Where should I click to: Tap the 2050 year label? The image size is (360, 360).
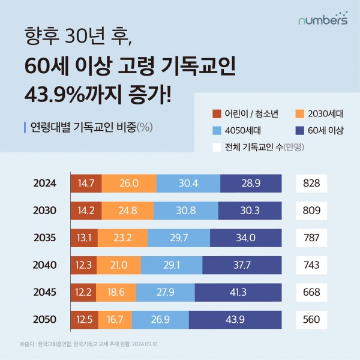click(45, 319)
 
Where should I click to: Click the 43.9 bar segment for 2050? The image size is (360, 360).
click(235, 319)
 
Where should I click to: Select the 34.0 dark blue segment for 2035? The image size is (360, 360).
click(246, 238)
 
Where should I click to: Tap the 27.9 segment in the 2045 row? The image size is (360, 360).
click(166, 292)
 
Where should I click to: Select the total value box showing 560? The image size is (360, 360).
click(312, 319)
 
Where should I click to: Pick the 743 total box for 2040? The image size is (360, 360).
click(312, 265)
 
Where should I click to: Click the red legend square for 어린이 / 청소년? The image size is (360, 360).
click(217, 113)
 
